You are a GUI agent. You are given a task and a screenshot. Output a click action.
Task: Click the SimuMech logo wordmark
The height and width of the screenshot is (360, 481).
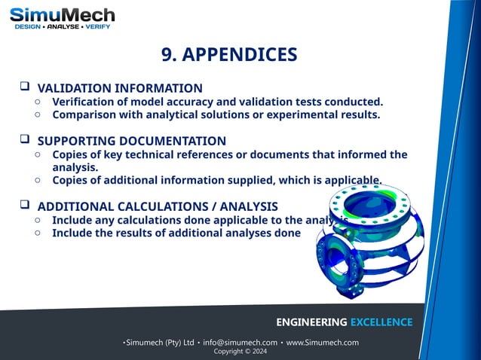pos(62,14)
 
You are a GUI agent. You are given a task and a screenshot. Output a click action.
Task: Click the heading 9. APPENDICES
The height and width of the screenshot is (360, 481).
pos(229,54)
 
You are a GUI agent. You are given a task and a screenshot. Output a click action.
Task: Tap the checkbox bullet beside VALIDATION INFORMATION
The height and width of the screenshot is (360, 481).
pos(24,87)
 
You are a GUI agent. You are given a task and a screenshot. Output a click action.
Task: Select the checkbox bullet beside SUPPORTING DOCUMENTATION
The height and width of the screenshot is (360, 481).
pos(24,140)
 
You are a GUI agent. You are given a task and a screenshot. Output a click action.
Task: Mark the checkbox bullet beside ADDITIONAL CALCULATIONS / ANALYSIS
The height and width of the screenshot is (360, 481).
pos(24,206)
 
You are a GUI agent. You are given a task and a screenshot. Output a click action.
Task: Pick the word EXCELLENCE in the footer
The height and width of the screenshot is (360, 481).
pos(375,322)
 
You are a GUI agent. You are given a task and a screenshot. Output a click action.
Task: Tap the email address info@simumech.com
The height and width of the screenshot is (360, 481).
pos(240,343)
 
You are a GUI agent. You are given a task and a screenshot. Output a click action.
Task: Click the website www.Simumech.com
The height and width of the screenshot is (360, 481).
pos(323,343)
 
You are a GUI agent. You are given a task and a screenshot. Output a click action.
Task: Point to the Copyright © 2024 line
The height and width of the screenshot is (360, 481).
pos(240,352)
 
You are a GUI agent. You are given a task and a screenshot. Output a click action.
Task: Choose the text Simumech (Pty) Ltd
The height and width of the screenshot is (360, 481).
pos(160,343)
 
